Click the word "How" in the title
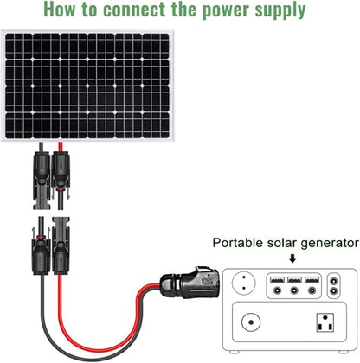point(59,9)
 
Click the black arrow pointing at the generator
point(292,258)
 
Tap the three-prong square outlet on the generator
point(325,322)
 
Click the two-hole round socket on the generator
point(244,283)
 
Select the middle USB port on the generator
point(294,279)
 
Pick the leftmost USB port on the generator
point(277,279)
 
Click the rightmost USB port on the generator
point(312,279)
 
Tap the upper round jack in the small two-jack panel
point(334,281)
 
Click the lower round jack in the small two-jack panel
point(334,291)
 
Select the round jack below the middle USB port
point(294,290)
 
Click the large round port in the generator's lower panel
point(251,322)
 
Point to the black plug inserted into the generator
point(190,283)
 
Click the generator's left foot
point(234,352)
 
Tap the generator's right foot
point(344,352)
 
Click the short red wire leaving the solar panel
point(61,146)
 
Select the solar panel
point(87,86)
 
